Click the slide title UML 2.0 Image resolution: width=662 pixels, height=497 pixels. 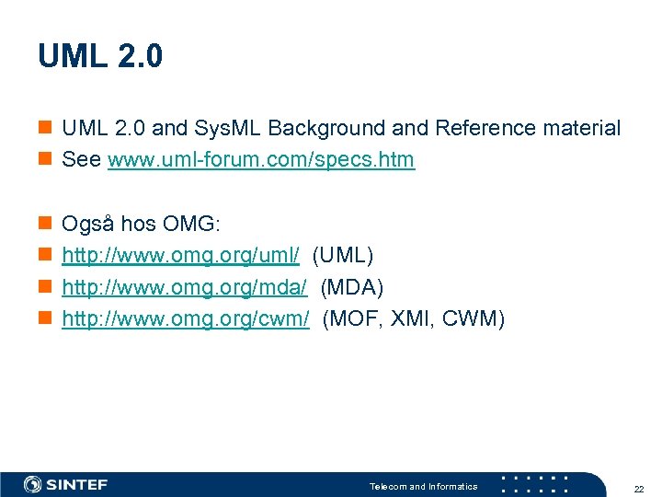pyautogui.click(x=100, y=57)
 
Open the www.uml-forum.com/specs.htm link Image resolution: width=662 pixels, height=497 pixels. pyautogui.click(x=261, y=160)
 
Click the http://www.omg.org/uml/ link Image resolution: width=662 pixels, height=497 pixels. pyautogui.click(x=180, y=256)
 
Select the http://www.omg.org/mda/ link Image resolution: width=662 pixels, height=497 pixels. pyautogui.click(x=184, y=288)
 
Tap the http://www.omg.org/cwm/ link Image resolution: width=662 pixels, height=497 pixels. pyautogui.click(x=185, y=319)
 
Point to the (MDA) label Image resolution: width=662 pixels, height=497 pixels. pyautogui.click(x=351, y=288)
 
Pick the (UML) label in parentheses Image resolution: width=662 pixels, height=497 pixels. pyautogui.click(x=343, y=256)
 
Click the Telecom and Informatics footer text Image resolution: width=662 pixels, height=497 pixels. pyautogui.click(x=423, y=486)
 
